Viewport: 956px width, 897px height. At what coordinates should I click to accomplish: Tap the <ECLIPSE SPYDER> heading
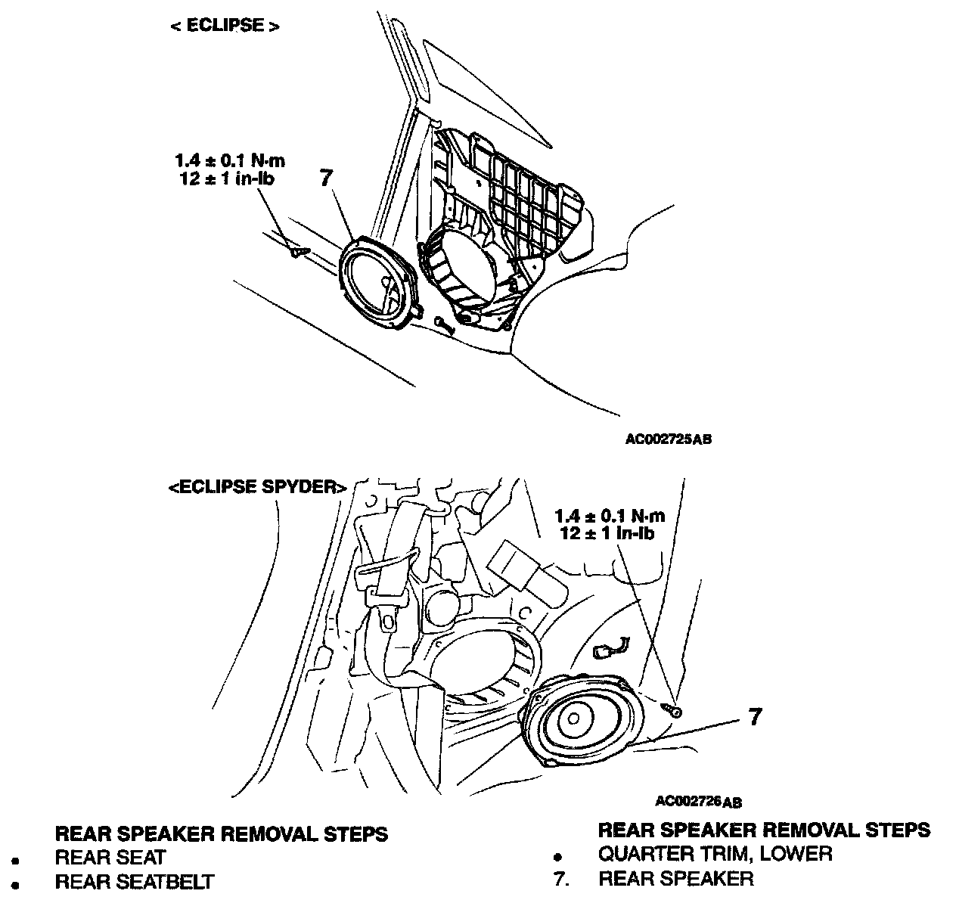click(x=257, y=486)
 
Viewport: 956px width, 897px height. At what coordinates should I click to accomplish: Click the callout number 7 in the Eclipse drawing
click(x=325, y=178)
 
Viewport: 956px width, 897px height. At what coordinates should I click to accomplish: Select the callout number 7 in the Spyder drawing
click(x=754, y=716)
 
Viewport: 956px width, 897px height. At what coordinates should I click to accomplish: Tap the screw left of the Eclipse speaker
click(x=298, y=251)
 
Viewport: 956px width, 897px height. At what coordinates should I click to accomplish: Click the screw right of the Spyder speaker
click(x=672, y=710)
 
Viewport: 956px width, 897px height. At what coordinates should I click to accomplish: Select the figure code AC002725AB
click(x=668, y=438)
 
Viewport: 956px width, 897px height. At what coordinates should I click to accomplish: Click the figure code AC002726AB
click(x=699, y=801)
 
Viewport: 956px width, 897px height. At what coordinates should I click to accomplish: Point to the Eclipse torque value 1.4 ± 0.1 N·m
click(x=231, y=160)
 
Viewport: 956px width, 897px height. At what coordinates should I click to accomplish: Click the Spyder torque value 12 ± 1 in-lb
click(x=607, y=532)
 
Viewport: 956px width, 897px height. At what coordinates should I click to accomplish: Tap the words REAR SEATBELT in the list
click(x=135, y=881)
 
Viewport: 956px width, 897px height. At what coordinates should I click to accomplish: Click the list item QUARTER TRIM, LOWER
click(x=715, y=854)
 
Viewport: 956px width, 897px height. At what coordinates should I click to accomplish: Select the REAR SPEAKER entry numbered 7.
click(x=675, y=878)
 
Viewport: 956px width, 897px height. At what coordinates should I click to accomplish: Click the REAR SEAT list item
click(x=110, y=858)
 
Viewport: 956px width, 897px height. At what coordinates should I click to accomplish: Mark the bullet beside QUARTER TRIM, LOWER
click(x=557, y=858)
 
